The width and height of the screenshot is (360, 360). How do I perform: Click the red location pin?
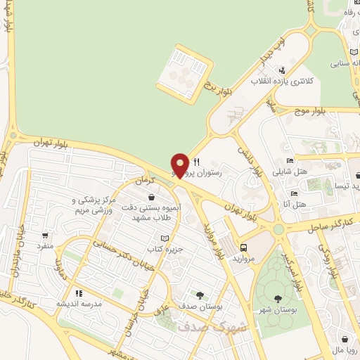pyautogui.click(x=180, y=166)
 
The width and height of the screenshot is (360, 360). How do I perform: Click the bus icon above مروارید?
pyautogui.click(x=243, y=248)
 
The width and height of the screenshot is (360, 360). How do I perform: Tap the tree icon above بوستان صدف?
pyautogui.click(x=201, y=295)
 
